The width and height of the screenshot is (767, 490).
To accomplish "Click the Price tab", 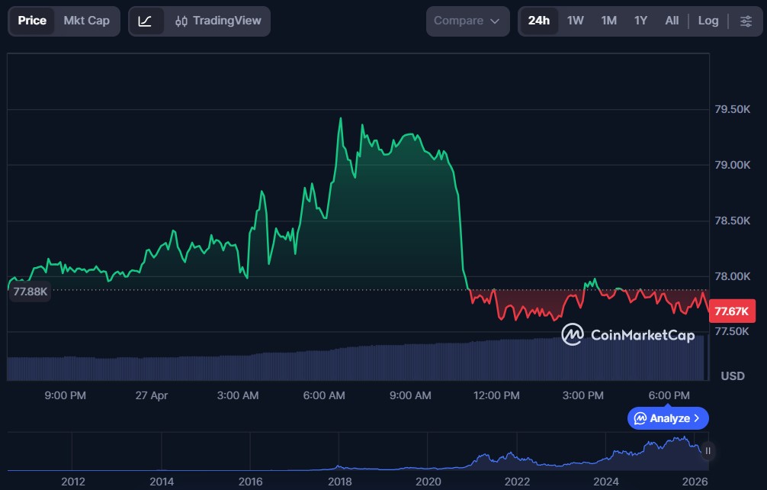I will (x=32, y=21).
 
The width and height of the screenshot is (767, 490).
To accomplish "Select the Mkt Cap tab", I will (x=86, y=21).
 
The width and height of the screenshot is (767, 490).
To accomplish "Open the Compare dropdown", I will (x=467, y=21).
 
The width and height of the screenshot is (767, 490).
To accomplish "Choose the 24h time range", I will (x=538, y=21).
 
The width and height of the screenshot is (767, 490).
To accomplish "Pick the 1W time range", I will (x=576, y=21).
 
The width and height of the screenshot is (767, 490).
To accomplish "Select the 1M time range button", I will (x=608, y=21).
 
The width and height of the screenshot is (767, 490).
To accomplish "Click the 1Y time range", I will (x=640, y=21).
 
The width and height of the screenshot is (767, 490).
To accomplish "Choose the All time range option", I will (x=672, y=21).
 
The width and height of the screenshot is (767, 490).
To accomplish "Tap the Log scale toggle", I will (x=708, y=21).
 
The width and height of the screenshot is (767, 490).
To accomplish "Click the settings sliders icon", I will (x=746, y=21).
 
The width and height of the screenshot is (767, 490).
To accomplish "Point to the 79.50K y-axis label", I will (x=731, y=110).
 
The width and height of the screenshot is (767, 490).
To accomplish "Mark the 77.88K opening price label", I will (x=30, y=292).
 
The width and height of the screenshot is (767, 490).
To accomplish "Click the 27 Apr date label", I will (x=152, y=395).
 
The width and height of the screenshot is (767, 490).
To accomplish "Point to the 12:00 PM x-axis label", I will (x=497, y=395).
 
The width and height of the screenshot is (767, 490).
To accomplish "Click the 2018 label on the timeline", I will (x=339, y=482).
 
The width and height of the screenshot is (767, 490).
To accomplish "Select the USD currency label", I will (x=733, y=376).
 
